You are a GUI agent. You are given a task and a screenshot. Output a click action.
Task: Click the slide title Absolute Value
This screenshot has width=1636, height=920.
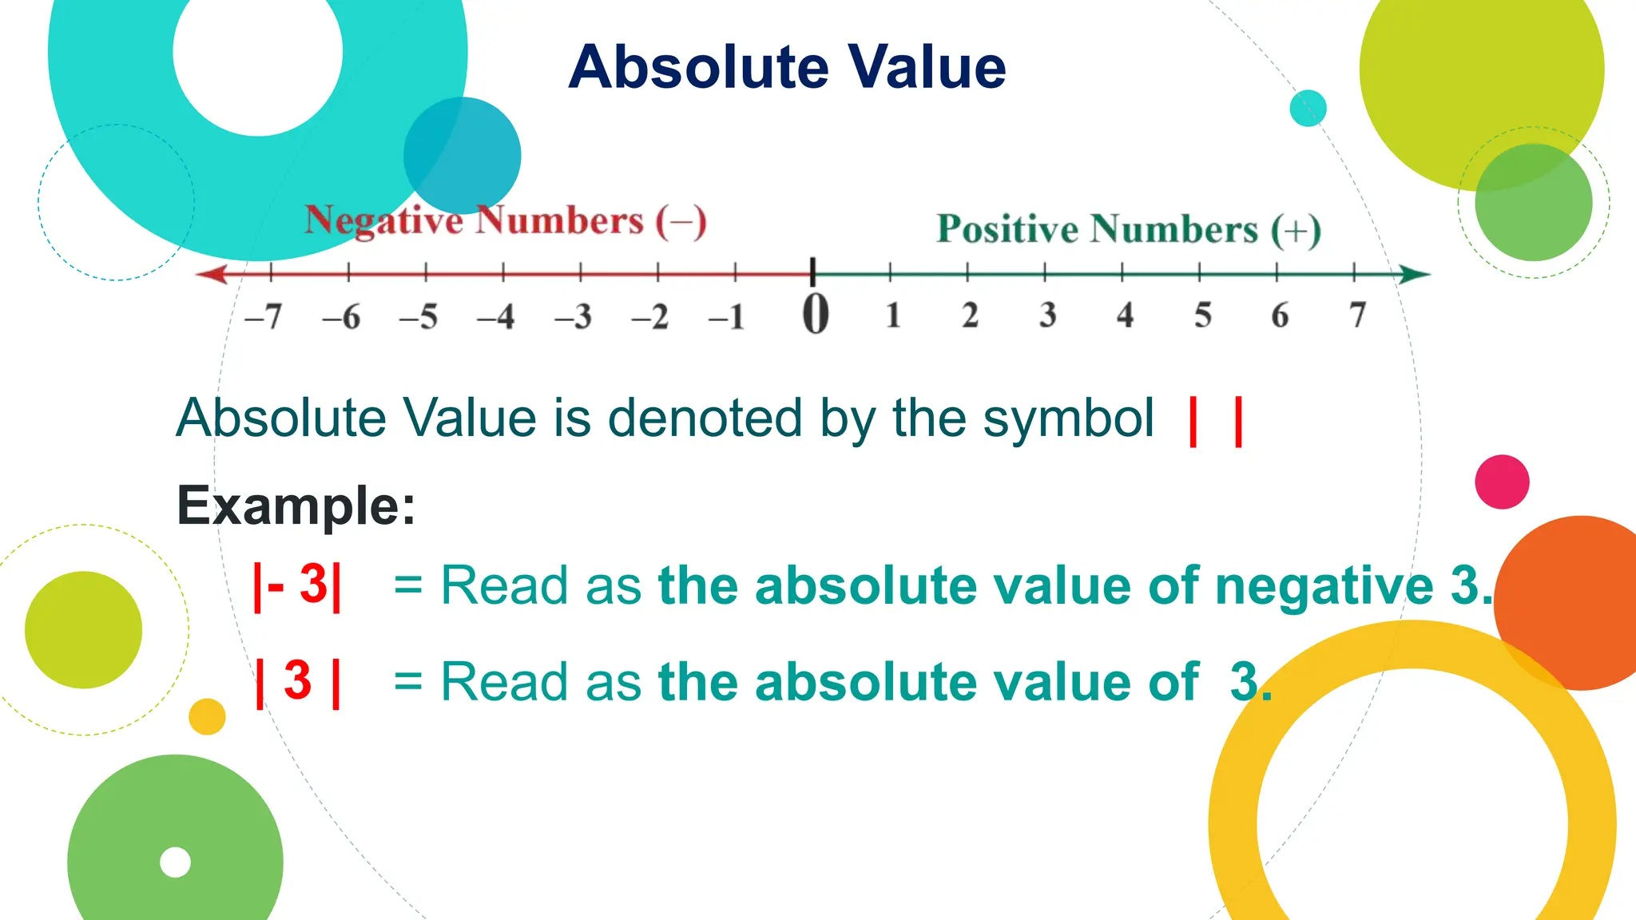pos(787,67)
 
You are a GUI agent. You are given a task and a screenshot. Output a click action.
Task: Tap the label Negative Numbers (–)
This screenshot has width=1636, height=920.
pos(505,220)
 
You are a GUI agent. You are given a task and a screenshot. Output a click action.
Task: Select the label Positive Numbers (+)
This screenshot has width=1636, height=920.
pos(1128,229)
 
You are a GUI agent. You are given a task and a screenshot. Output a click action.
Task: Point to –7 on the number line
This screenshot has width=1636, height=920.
pos(264,317)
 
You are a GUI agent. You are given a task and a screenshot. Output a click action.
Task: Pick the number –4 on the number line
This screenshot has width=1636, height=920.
pos(495,317)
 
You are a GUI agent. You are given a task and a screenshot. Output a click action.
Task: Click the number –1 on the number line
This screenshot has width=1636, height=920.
pos(727,317)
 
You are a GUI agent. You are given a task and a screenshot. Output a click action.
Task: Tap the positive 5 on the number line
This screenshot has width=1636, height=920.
pos(1202,315)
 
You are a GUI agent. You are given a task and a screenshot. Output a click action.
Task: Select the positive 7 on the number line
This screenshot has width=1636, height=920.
pos(1357,315)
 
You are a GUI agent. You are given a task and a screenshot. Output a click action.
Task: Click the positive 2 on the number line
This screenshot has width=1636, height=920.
pos(970,315)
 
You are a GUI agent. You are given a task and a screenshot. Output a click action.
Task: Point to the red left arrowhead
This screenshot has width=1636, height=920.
pos(212,274)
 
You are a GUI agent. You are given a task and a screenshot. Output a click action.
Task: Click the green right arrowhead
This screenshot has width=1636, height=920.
pos(1415,275)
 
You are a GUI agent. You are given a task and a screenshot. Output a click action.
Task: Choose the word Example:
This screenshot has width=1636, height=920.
pos(296,506)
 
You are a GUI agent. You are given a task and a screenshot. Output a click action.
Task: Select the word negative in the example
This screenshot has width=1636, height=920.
pos(1324,586)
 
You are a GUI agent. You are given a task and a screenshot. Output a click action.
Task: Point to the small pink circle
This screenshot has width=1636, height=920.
pos(1502,482)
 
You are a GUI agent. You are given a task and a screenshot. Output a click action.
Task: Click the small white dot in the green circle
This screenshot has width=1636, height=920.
pos(175,862)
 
